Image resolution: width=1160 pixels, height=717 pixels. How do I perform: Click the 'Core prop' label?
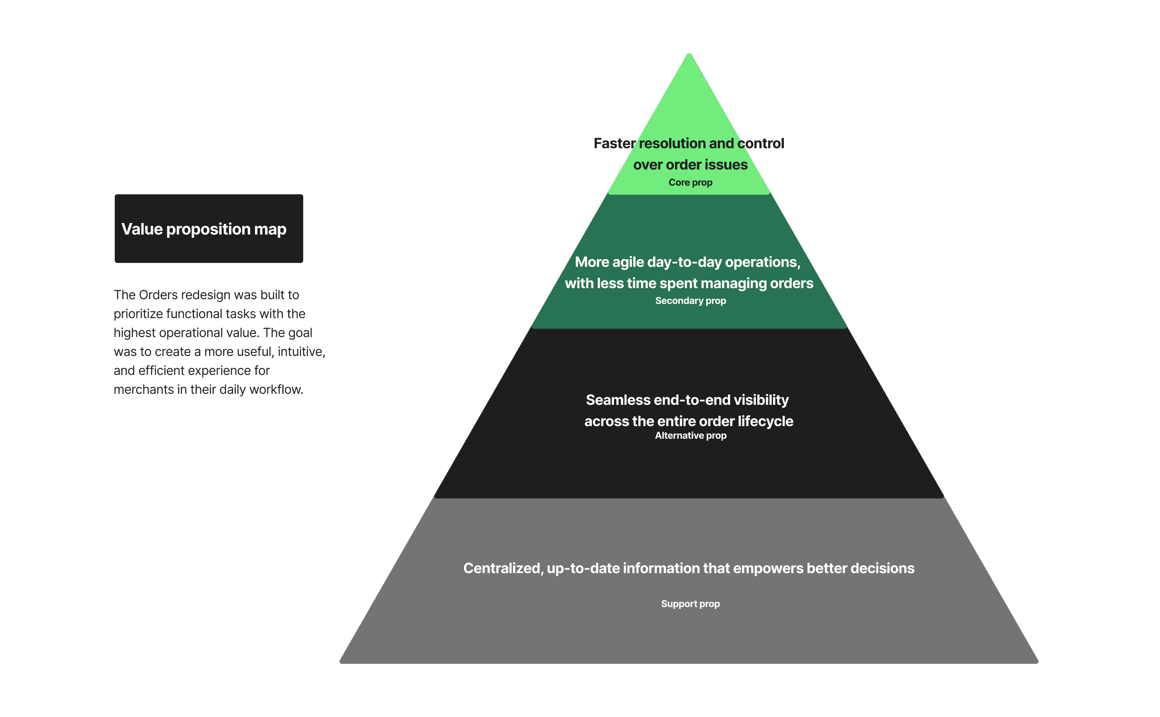point(690,183)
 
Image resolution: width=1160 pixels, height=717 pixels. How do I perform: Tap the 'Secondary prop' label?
point(690,301)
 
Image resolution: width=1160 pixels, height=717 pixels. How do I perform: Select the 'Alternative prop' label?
point(690,435)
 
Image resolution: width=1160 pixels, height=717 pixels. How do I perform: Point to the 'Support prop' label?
point(690,603)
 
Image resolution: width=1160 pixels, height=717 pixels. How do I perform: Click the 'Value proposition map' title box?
point(209,229)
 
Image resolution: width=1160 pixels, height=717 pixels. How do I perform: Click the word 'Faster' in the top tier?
point(614,143)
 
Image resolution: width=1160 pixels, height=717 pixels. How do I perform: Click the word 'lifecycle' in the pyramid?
point(765,421)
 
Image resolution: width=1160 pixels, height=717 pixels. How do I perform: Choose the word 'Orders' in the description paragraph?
point(158,295)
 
